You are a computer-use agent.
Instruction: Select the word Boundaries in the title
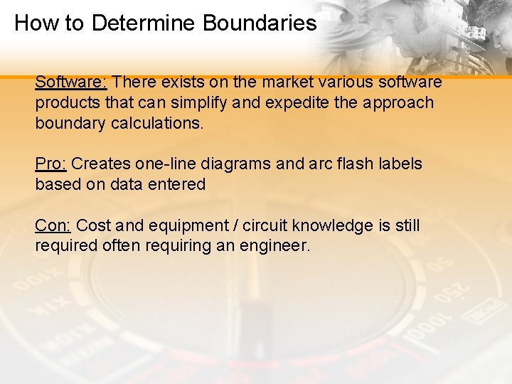click(x=260, y=23)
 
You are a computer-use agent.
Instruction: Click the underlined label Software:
click(x=71, y=82)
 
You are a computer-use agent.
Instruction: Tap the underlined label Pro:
click(x=51, y=164)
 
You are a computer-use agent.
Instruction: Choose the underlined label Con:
click(x=53, y=226)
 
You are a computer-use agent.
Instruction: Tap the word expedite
click(x=297, y=103)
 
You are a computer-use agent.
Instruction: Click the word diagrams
click(x=238, y=164)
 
